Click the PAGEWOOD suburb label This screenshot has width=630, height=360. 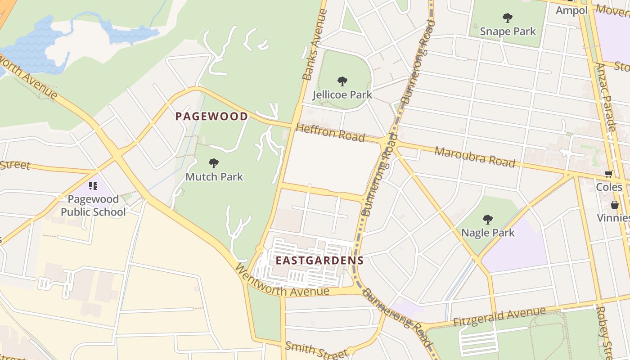click(x=211, y=117)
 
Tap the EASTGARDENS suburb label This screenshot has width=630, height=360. click(x=319, y=261)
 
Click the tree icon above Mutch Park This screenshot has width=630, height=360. click(x=214, y=163)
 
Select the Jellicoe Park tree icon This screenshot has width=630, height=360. click(x=342, y=81)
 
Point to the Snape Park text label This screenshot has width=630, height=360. click(x=508, y=31)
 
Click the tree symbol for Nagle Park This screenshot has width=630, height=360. click(x=487, y=220)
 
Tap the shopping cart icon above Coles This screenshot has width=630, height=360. click(x=609, y=174)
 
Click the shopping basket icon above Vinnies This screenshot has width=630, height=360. click(x=614, y=205)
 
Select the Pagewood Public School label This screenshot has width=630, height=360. click(x=93, y=206)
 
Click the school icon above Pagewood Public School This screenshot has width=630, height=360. click(x=93, y=186)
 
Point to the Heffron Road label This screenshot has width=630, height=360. click(x=330, y=133)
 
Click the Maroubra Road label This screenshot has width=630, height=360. click(x=474, y=157)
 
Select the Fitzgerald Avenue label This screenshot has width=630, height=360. click(x=499, y=317)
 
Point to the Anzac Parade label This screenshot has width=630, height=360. click(x=606, y=97)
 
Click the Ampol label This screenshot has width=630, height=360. click(x=571, y=10)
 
